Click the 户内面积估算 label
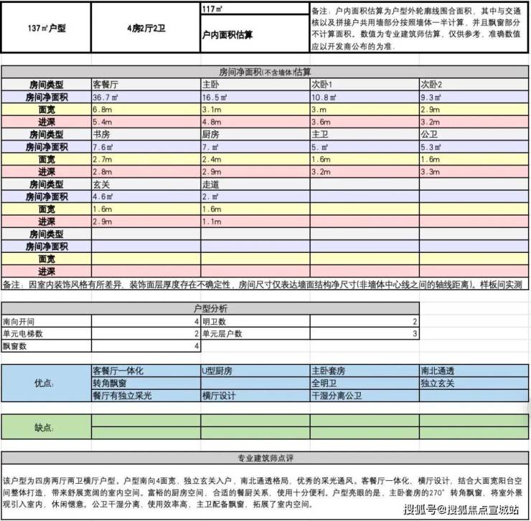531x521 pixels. coord(229,35)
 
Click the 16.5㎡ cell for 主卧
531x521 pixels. coord(215,97)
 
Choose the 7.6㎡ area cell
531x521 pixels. coord(105,146)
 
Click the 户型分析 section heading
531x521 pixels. coord(211,308)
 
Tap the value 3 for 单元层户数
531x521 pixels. coord(415,334)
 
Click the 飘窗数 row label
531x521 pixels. coord(16,346)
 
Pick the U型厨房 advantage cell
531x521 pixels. coord(219,371)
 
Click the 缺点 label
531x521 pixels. coord(44,427)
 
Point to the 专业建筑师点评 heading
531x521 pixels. coord(266,458)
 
